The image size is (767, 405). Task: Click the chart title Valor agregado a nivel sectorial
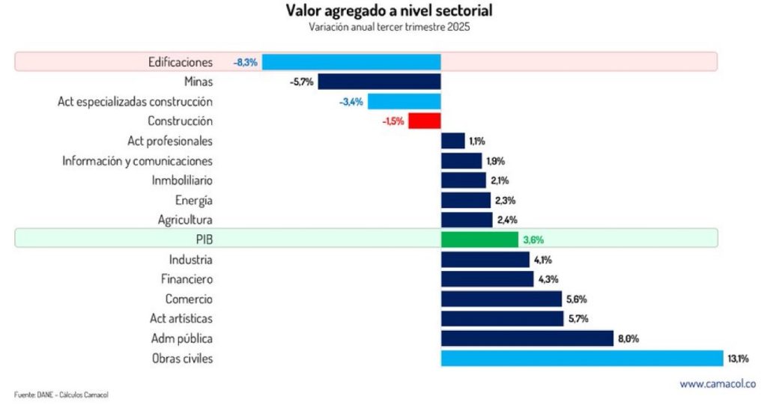pos(389,12)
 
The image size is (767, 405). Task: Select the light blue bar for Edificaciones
pos(351,61)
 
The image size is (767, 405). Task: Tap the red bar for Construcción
pos(424,121)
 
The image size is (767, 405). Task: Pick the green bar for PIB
pos(479,240)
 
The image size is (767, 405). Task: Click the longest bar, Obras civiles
pos(581,359)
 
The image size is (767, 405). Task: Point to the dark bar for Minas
pos(379,81)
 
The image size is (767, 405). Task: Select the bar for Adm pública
pos(527,338)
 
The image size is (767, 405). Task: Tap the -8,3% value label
pos(246,62)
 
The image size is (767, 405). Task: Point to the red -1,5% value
pos(394,121)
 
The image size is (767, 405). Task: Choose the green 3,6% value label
pos(533,240)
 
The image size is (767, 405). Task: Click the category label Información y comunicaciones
pos(137,160)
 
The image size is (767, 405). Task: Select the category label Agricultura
pos(185,220)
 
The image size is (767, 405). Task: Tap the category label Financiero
pos(187,279)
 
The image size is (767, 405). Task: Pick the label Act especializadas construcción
pos(135,101)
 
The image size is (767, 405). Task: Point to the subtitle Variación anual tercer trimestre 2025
pos(389,27)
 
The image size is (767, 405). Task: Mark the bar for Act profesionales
pos(452,141)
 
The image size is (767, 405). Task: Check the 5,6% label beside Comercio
pos(577,299)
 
